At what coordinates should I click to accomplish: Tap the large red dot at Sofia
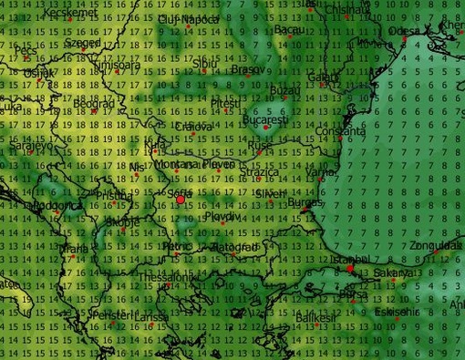click(181, 198)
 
